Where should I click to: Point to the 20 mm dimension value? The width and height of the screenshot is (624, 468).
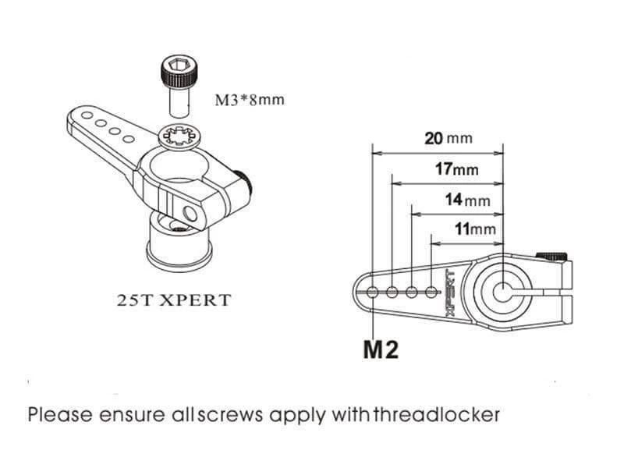point(448,138)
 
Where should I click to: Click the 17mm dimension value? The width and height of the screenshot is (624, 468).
point(456,168)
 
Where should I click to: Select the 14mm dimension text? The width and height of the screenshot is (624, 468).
point(467,200)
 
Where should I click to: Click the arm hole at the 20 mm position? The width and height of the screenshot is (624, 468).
point(373,292)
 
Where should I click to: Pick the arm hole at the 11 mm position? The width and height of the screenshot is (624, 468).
point(431,292)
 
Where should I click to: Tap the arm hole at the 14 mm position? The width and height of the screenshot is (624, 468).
point(412,292)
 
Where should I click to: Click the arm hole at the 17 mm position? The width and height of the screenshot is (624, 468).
point(392,292)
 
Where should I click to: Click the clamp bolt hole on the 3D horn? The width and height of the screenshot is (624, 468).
point(190,212)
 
